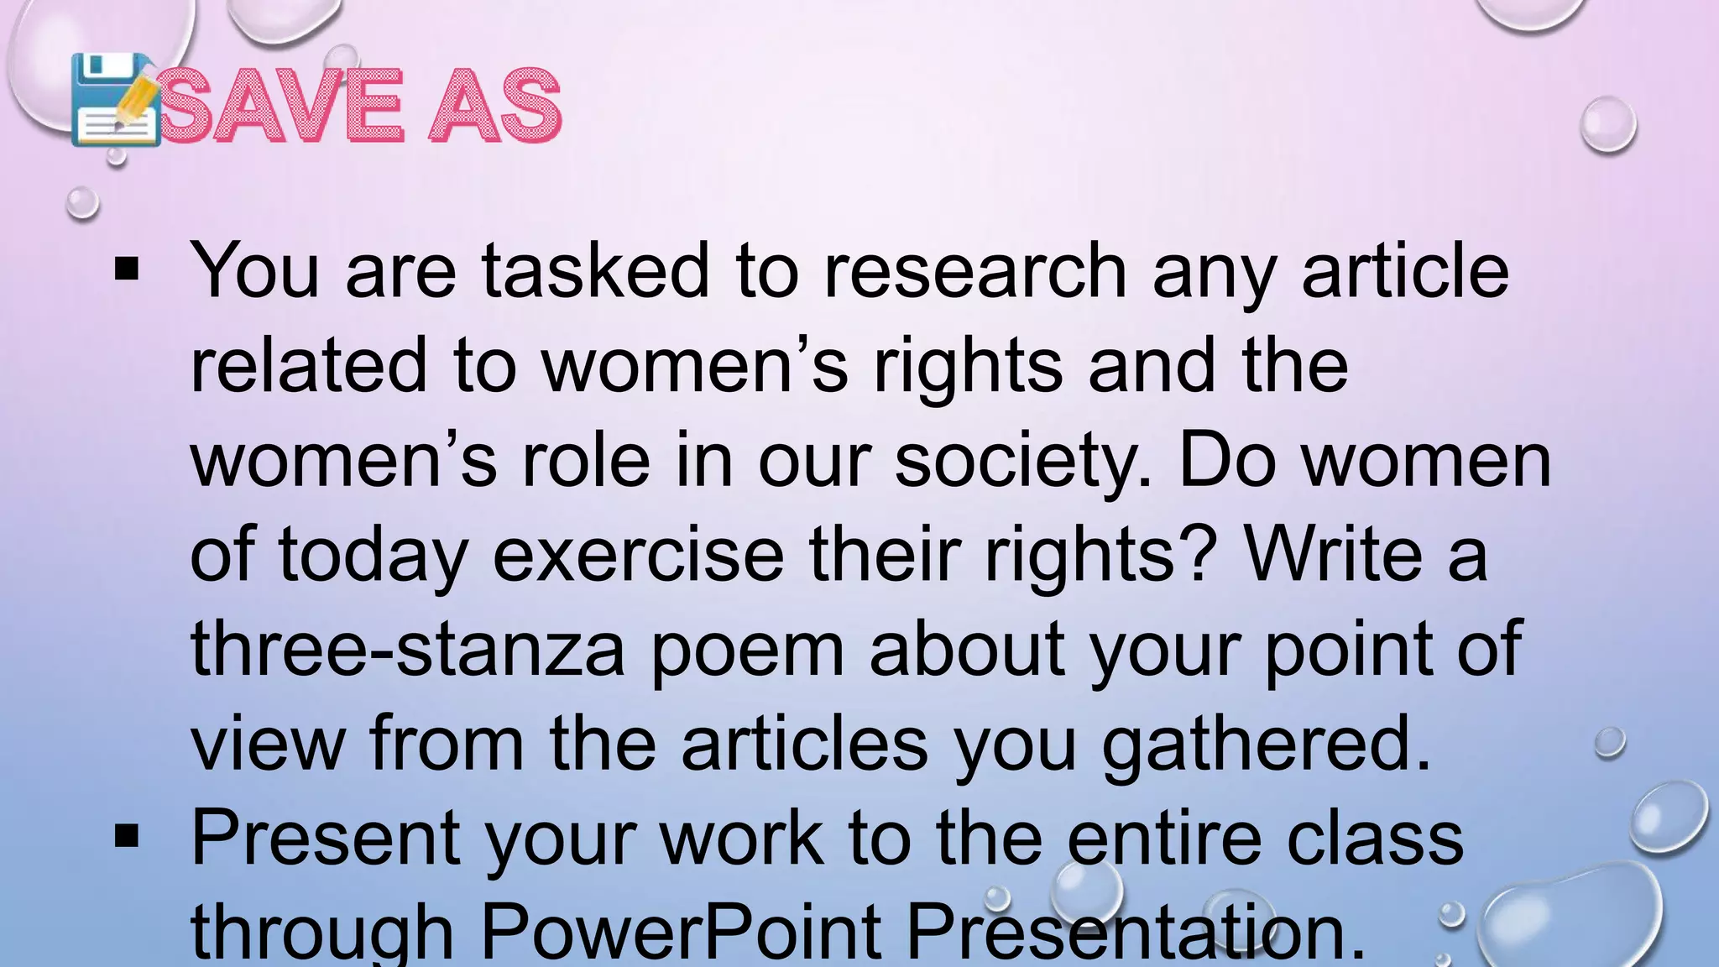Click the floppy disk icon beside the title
pos(114,100)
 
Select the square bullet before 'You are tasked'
pos(127,269)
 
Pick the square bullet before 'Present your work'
pos(127,836)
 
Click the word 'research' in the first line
pos(975,270)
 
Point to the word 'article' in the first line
pos(1405,270)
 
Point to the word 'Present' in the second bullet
pos(326,837)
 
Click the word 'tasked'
pos(596,270)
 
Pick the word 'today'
pos(373,556)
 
